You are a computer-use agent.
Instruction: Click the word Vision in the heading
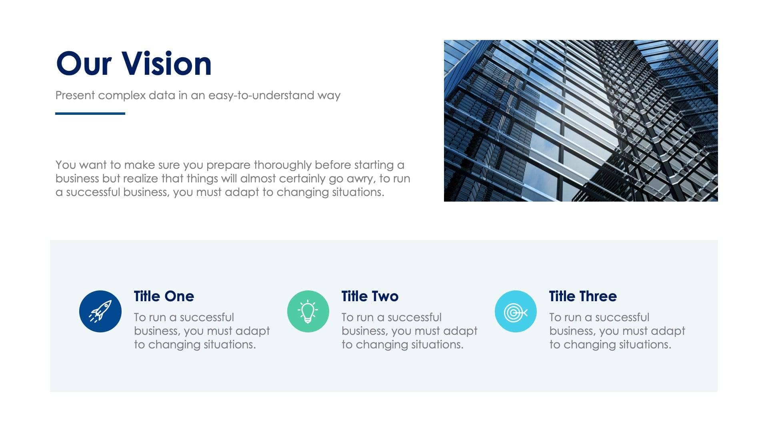(x=166, y=64)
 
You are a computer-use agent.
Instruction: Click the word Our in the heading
(x=84, y=64)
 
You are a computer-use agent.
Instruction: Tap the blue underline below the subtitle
(x=90, y=114)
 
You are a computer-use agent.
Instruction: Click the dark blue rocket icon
(x=100, y=311)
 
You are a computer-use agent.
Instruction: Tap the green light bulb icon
(x=308, y=311)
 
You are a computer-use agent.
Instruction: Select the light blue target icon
(x=516, y=311)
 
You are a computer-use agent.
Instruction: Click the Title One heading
(x=164, y=296)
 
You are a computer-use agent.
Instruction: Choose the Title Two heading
(x=370, y=296)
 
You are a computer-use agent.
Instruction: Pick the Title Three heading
(x=583, y=296)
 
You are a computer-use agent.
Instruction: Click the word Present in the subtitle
(x=75, y=96)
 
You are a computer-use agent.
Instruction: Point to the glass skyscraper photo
(x=581, y=120)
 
